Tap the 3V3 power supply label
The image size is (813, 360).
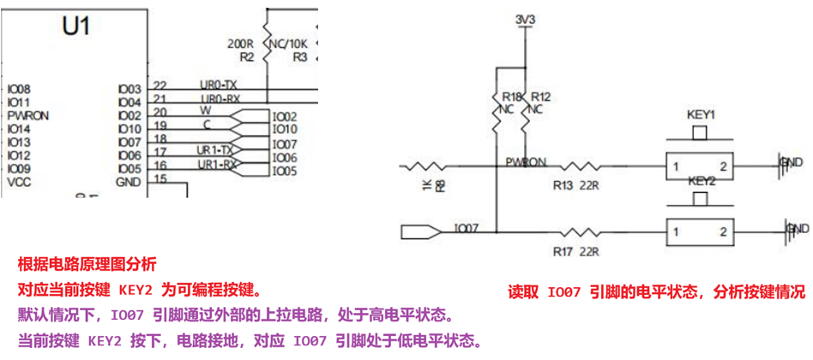pyautogui.click(x=524, y=19)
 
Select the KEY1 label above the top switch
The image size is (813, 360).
pyautogui.click(x=702, y=114)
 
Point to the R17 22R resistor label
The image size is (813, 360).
pyautogui.click(x=575, y=251)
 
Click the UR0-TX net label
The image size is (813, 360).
pyautogui.click(x=218, y=84)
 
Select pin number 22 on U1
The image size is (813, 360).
pyautogui.click(x=160, y=84)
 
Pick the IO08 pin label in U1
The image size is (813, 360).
pyautogui.click(x=19, y=89)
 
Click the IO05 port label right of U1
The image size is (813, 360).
pyautogui.click(x=285, y=171)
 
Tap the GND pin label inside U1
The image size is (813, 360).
pyautogui.click(x=129, y=182)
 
